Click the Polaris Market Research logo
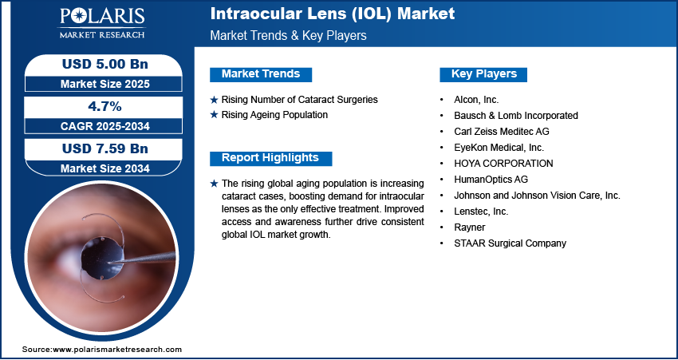point(102,23)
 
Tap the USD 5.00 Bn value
point(105,64)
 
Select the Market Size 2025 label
point(105,84)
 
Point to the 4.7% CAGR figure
point(105,106)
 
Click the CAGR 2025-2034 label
point(105,126)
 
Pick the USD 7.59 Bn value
point(105,148)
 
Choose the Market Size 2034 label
point(105,168)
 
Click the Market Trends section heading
point(261,74)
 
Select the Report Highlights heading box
point(270,158)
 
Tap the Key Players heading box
point(483,74)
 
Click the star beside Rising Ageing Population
point(214,115)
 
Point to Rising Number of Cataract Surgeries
point(300,100)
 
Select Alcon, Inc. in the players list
point(476,100)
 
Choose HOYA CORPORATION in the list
point(503,164)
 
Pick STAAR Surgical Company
point(510,243)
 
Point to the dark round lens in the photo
point(103,259)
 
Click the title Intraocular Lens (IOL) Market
point(333,14)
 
